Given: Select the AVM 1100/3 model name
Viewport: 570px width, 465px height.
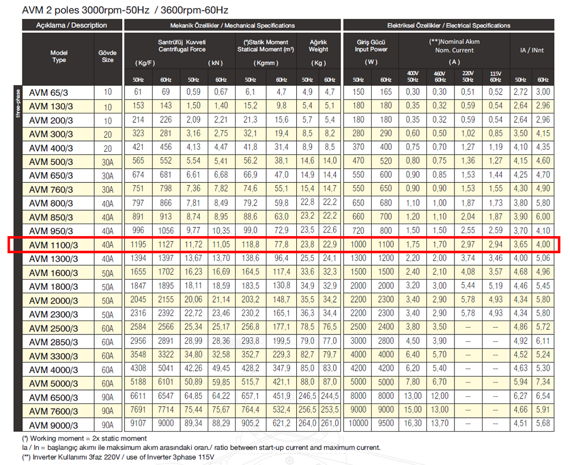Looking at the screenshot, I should (54, 244).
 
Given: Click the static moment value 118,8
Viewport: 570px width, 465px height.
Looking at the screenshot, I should (250, 244).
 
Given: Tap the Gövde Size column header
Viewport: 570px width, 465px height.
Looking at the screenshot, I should (107, 56).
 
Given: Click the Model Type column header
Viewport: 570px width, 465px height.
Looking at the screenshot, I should (59, 56).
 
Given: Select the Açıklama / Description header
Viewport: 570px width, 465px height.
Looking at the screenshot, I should (71, 25).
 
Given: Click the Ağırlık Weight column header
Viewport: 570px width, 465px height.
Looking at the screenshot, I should (318, 46).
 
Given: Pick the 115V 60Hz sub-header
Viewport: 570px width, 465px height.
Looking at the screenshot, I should (495, 77).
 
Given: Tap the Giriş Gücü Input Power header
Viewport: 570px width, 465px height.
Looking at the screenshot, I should (371, 46).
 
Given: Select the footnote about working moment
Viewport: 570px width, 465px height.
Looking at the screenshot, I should (84, 438).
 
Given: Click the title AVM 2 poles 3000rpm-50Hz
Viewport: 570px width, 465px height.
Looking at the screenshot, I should (125, 10).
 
